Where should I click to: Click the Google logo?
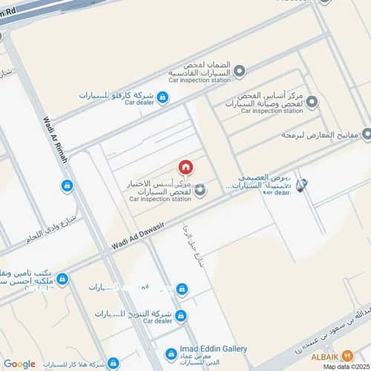pyautogui.click(x=19, y=364)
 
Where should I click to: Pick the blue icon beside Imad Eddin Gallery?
pyautogui.click(x=171, y=354)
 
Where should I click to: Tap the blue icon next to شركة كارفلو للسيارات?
pyautogui.click(x=162, y=97)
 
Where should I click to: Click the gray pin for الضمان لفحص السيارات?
pyautogui.click(x=239, y=71)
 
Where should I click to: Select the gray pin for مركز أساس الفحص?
pyautogui.click(x=312, y=102)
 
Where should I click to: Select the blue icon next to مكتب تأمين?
pyautogui.click(x=62, y=279)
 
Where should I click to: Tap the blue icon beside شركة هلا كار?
pyautogui.click(x=113, y=364)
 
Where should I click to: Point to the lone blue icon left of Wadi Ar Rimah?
pyautogui.click(x=68, y=185)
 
